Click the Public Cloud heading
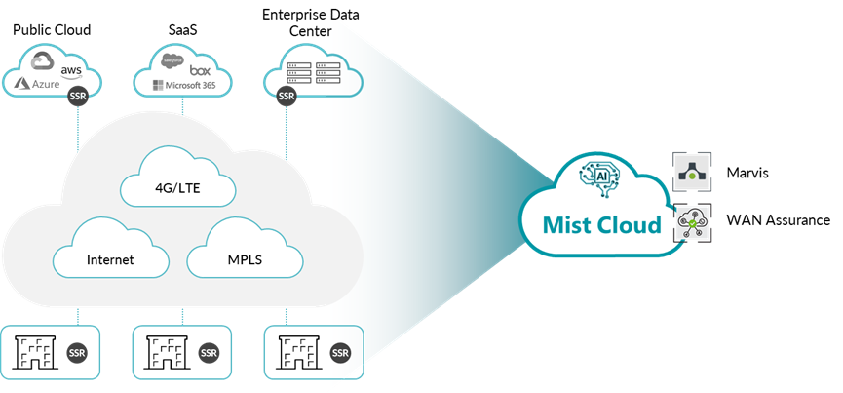tap(52, 29)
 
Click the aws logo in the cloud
tap(71, 70)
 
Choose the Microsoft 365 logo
tap(184, 86)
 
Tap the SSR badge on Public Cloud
tap(79, 98)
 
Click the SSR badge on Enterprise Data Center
tap(286, 97)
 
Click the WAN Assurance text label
tap(778, 221)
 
